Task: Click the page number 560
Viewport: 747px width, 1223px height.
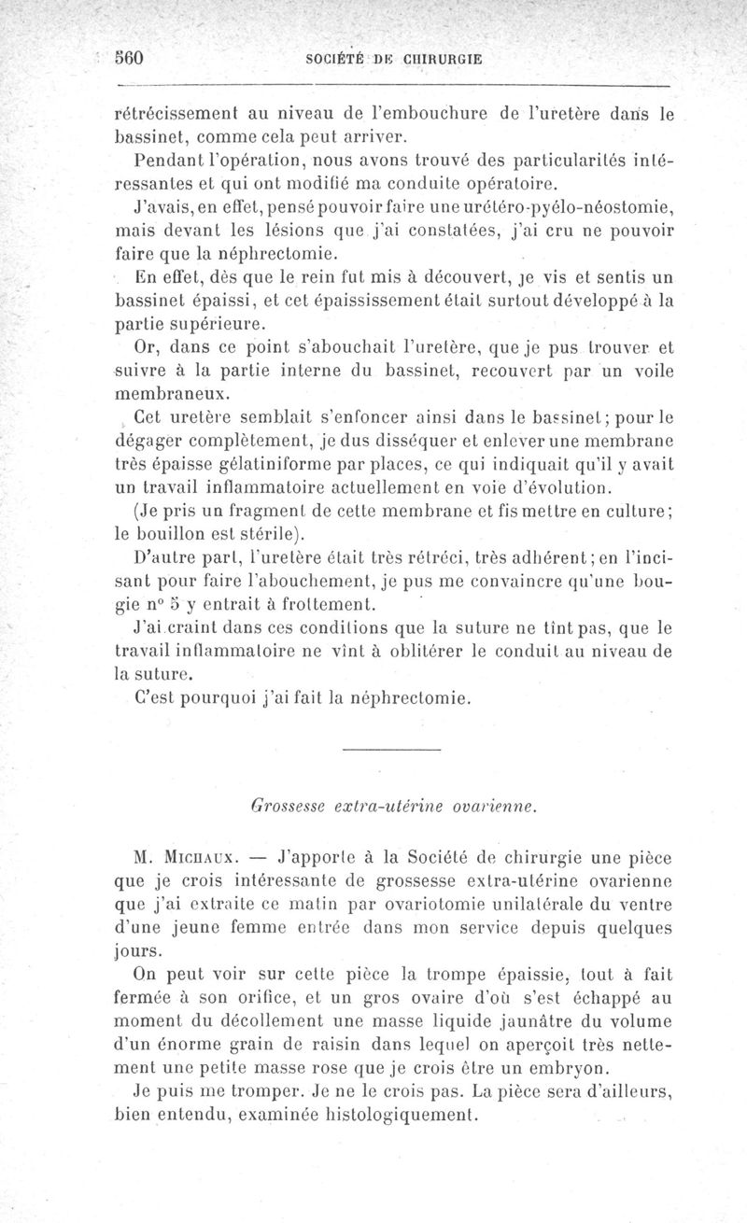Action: click(x=127, y=58)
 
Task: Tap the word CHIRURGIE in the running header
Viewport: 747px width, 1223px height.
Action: click(x=437, y=59)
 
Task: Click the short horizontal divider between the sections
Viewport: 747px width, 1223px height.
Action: click(x=390, y=751)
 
